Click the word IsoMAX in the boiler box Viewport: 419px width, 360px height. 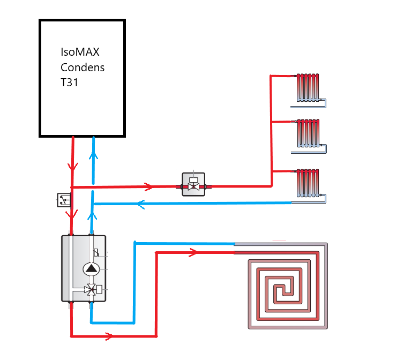coord(80,52)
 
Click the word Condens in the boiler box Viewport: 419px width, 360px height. coord(83,67)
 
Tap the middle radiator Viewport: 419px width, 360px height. coord(309,134)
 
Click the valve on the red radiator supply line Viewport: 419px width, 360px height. coord(193,184)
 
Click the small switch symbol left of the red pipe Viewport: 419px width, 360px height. coord(64,200)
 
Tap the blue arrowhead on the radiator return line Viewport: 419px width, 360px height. coord(141,204)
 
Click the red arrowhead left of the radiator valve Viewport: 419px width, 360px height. coord(148,187)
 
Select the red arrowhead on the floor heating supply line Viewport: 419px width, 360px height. coord(192,252)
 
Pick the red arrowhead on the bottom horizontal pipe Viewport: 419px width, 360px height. coord(109,336)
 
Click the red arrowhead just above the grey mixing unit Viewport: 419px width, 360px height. coord(71,214)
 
